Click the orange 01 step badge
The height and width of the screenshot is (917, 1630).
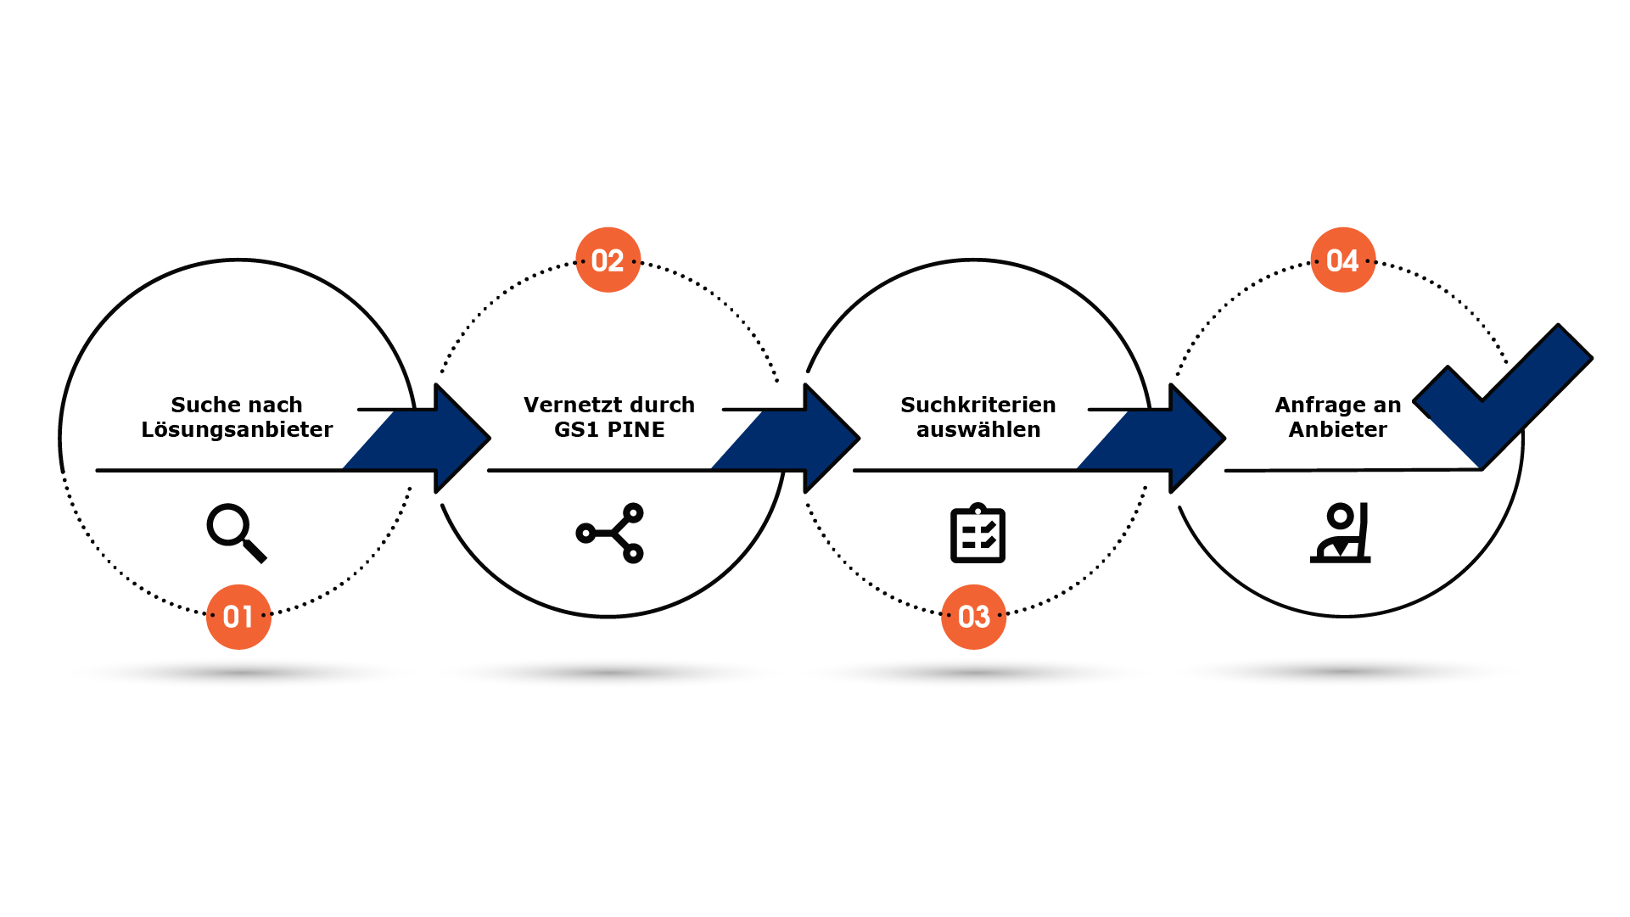[x=238, y=617]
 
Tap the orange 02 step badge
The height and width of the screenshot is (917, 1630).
[x=608, y=260]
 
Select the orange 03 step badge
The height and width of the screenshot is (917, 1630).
[x=974, y=617]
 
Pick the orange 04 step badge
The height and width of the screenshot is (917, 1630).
[x=1342, y=260]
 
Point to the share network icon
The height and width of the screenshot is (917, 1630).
[x=610, y=533]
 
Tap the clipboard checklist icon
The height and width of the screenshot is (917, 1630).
[x=977, y=533]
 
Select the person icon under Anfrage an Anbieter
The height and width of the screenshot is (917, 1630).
[x=1341, y=533]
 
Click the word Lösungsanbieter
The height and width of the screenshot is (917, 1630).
[x=237, y=430]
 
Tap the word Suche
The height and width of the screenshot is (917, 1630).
[x=201, y=405]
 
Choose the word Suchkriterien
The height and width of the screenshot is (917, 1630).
[x=977, y=405]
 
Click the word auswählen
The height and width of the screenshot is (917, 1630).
[x=977, y=430]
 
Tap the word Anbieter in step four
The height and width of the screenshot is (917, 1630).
[x=1337, y=430]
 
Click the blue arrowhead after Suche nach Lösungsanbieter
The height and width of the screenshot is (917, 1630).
[x=458, y=439]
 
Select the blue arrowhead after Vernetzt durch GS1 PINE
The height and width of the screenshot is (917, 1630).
[x=828, y=439]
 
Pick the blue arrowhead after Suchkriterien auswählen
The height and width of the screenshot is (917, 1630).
[x=1194, y=439]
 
